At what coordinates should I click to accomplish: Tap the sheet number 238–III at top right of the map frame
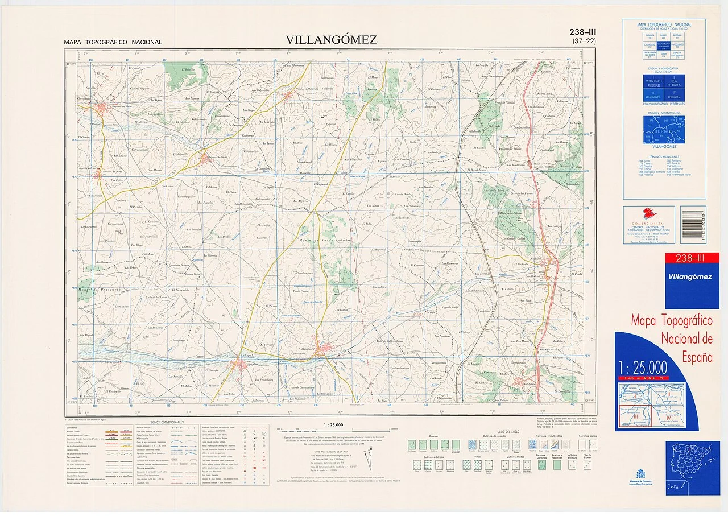pos(585,32)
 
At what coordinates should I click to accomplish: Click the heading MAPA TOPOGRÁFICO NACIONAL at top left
pos(113,42)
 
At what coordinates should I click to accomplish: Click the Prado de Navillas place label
pos(505,102)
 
